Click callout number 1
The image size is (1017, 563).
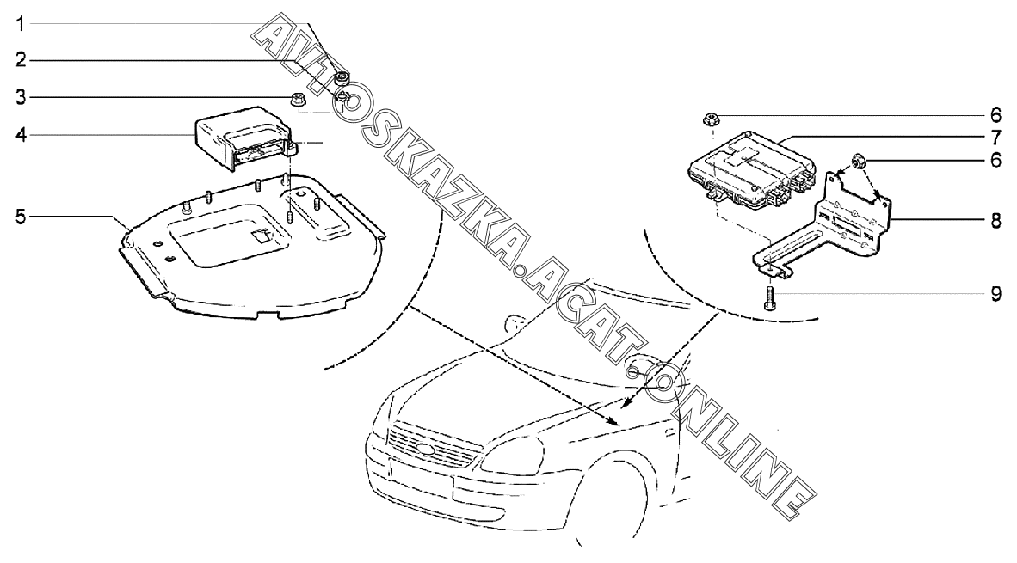pyautogui.click(x=20, y=25)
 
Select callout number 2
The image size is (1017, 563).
pyautogui.click(x=21, y=61)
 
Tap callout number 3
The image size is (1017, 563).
pyautogui.click(x=21, y=98)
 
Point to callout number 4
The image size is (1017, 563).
pyautogui.click(x=21, y=136)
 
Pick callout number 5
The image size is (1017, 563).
pyautogui.click(x=21, y=217)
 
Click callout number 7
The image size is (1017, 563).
pyautogui.click(x=995, y=138)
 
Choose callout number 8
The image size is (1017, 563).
pyautogui.click(x=995, y=221)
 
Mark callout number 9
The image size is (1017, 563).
pyautogui.click(x=995, y=295)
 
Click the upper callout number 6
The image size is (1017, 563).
pyautogui.click(x=995, y=117)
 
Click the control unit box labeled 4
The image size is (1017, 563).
pyautogui.click(x=243, y=138)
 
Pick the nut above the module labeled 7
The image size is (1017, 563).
pyautogui.click(x=711, y=119)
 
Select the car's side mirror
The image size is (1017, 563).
pyautogui.click(x=515, y=323)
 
